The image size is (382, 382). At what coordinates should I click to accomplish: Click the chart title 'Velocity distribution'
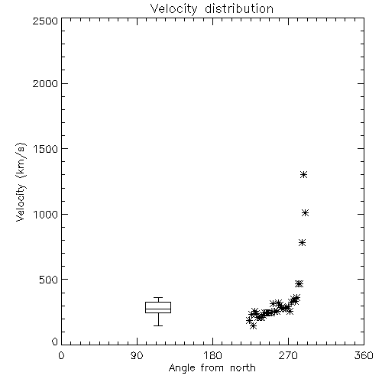212,9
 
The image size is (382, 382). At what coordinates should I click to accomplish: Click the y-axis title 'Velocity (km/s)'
21,182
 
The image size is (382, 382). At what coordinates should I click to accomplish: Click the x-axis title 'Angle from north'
212,367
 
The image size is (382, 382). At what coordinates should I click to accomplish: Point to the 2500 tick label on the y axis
45,21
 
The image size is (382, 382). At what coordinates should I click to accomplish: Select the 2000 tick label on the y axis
45,83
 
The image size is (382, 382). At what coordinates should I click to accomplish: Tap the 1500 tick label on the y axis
46,149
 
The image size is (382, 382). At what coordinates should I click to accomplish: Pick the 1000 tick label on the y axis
46,214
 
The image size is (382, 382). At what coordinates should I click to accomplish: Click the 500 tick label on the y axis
49,280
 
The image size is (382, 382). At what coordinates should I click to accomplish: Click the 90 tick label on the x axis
137,355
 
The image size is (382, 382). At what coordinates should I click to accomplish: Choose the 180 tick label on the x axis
212,355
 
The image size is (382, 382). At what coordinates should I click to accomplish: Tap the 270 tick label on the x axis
288,355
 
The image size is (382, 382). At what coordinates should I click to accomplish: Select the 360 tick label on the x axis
364,355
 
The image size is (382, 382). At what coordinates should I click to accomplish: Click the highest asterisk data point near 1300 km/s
303,175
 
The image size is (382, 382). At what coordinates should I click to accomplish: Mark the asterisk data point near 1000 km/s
305,213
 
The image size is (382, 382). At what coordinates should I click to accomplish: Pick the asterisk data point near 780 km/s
302,243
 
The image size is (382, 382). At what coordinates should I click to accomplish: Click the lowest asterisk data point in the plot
253,325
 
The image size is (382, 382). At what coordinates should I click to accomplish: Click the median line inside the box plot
158,309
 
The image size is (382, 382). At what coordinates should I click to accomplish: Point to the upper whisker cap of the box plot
158,297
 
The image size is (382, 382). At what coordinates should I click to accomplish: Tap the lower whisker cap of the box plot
158,325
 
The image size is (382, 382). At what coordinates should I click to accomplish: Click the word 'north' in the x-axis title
243,367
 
